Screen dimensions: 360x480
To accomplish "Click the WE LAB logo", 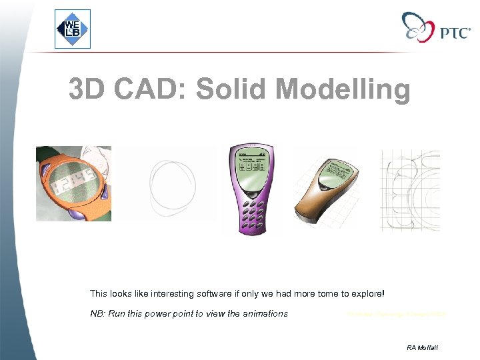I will [72, 29].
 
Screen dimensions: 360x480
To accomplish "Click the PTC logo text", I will [455, 33].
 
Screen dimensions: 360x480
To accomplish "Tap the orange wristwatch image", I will [73, 183].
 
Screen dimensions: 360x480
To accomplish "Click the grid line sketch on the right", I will [410, 189].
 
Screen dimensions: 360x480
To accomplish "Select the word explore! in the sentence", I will [367, 293].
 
